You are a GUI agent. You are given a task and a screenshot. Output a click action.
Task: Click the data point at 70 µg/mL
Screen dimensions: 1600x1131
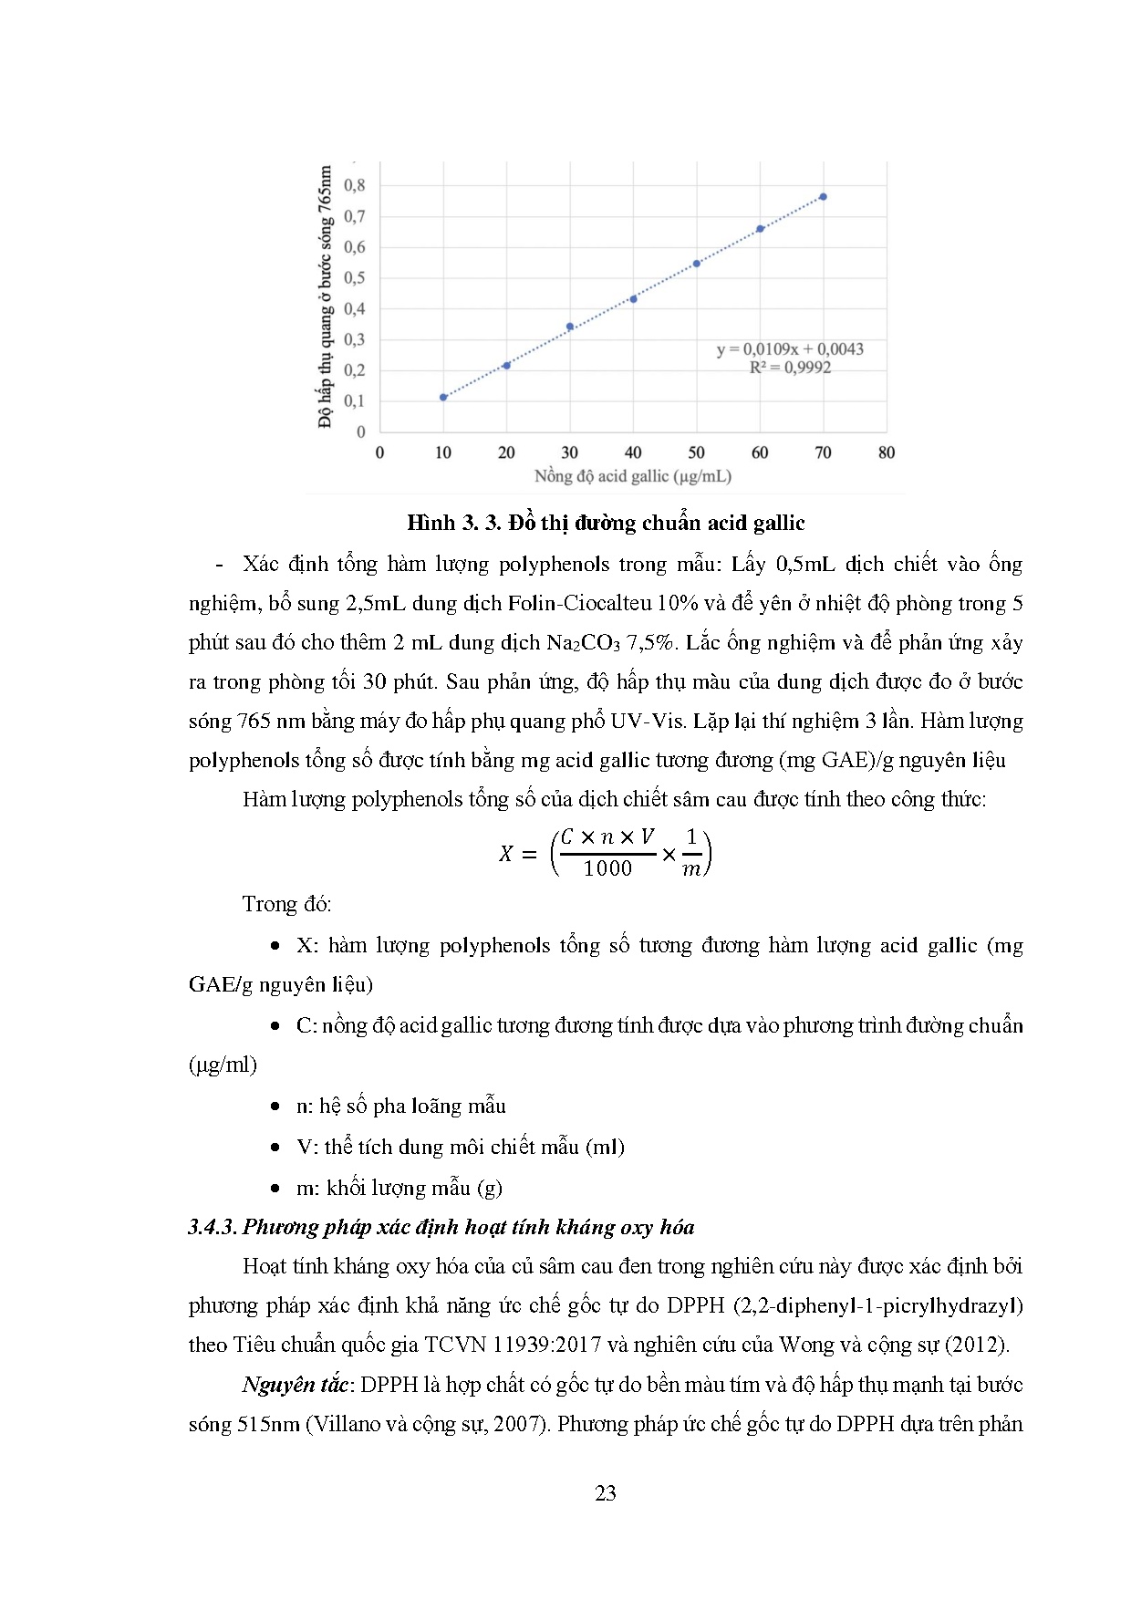tap(823, 197)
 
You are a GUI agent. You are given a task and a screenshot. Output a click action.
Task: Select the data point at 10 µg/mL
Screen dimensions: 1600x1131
tap(443, 397)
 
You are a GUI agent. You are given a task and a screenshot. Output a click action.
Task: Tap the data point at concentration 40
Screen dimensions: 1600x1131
tap(633, 298)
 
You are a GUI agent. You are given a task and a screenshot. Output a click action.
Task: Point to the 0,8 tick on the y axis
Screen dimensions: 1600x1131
tap(354, 185)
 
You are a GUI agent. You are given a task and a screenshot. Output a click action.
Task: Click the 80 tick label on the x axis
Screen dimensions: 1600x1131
tap(886, 452)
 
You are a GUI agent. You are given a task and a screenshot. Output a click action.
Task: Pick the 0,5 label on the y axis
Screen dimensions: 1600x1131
tap(354, 278)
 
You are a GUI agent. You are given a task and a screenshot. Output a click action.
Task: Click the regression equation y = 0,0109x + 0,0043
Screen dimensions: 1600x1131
tap(790, 349)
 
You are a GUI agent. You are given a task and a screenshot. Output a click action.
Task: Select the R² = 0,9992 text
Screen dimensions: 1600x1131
tap(790, 368)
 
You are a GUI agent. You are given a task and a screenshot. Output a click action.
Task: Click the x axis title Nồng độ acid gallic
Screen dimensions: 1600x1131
tap(632, 476)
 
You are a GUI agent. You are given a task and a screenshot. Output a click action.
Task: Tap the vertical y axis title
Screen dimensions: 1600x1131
tap(325, 296)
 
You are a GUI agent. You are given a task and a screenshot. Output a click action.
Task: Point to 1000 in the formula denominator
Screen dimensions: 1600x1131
tap(607, 868)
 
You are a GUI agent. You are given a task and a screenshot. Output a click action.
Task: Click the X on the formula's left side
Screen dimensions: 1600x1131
tap(505, 854)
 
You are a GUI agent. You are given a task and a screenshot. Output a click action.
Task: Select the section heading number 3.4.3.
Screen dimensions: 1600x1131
tap(212, 1227)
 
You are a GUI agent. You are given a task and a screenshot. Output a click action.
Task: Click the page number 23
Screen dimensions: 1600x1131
tap(606, 1493)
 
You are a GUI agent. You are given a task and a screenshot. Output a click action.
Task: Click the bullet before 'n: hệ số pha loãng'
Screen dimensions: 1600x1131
tap(275, 1106)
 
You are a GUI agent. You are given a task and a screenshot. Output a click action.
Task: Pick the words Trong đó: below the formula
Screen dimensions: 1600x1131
tap(286, 904)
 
